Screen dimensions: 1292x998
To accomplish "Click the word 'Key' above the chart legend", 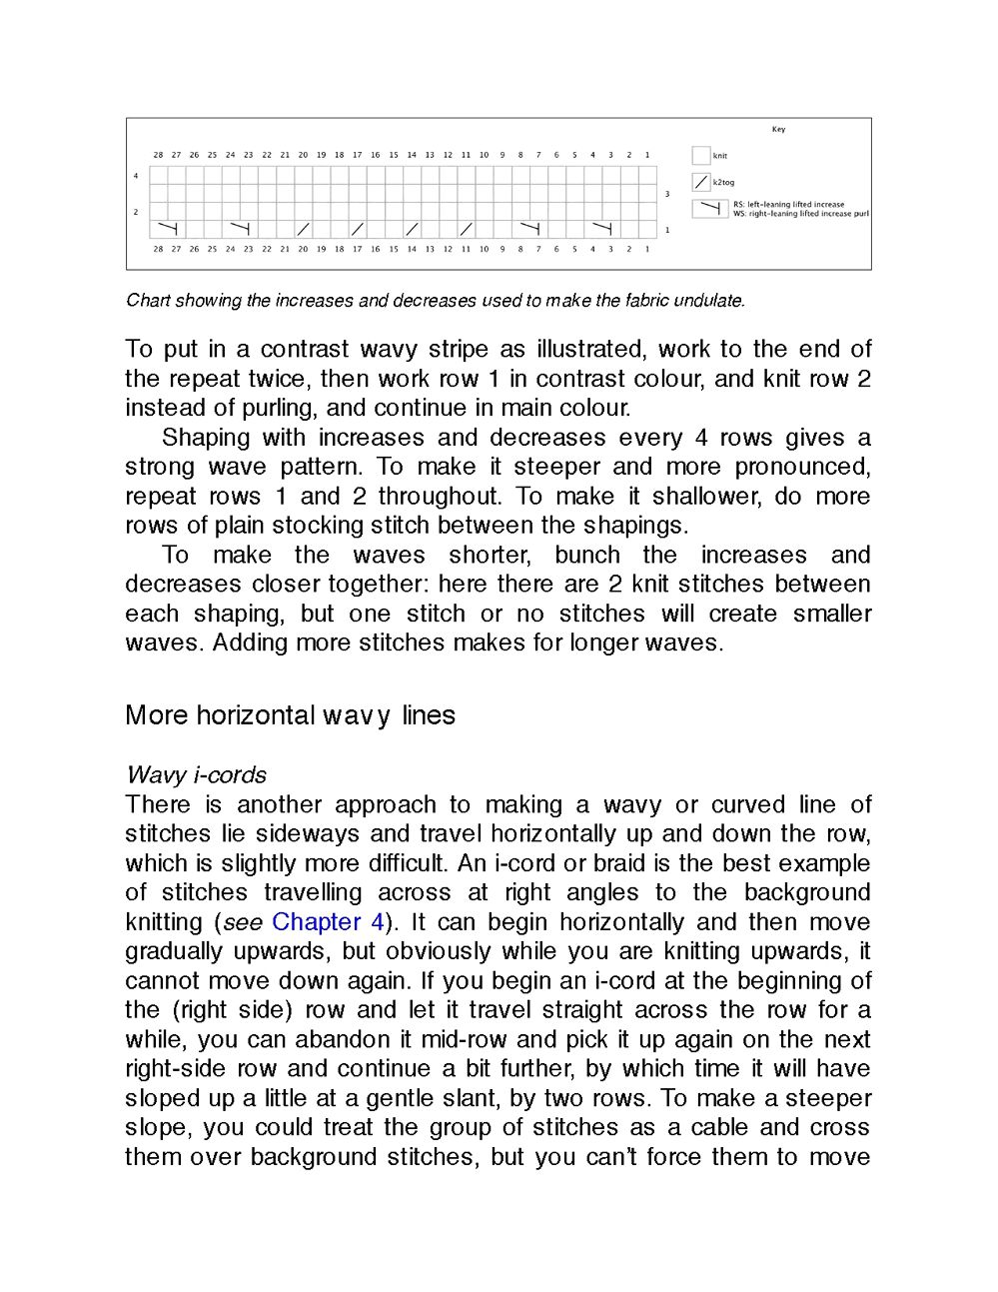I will [778, 129].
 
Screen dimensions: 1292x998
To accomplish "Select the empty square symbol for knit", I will [701, 156].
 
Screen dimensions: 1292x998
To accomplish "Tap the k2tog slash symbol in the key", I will [701, 183].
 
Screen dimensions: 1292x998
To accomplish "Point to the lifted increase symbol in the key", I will [710, 209].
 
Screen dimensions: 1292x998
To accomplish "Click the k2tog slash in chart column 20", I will [304, 230].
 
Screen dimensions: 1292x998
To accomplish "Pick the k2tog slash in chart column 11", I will [466, 230].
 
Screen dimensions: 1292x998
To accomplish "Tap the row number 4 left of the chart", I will [136, 176].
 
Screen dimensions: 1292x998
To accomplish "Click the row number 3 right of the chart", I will [667, 194].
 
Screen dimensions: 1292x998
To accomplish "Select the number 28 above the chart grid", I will [158, 155].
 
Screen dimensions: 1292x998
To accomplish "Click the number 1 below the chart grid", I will [646, 249].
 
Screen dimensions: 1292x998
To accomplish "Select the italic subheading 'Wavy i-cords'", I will [197, 775].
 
